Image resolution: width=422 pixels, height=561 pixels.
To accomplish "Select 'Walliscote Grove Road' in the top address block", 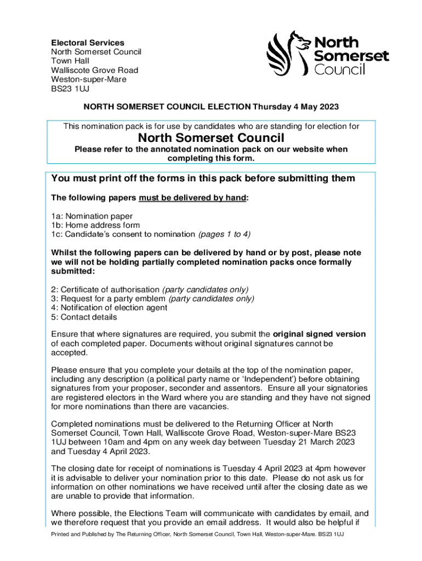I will click(x=94, y=70).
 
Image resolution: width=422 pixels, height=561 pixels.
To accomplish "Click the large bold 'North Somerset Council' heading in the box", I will click(x=211, y=138).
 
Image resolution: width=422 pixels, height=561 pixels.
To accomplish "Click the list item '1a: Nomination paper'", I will click(x=92, y=216).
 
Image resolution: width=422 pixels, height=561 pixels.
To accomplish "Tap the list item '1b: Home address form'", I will click(x=95, y=225).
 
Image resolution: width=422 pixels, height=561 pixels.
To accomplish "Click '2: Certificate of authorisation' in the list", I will click(x=106, y=289).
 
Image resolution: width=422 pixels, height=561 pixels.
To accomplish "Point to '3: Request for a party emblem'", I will click(x=109, y=299).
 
